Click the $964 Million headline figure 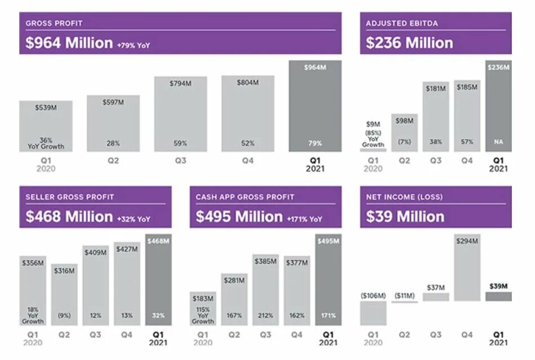(69, 43)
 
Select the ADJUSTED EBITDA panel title (402, 24)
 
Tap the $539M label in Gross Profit (46, 108)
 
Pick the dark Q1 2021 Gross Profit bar (315, 107)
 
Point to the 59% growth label (180, 144)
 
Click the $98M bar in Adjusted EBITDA (404, 133)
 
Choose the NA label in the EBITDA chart (498, 143)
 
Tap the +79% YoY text (133, 45)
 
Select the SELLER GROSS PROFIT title (70, 197)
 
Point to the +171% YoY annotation (304, 219)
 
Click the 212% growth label (265, 315)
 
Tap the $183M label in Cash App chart (203, 298)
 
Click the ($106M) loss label (373, 296)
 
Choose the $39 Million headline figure (405, 217)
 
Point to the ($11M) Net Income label (404, 296)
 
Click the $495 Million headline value (239, 217)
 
